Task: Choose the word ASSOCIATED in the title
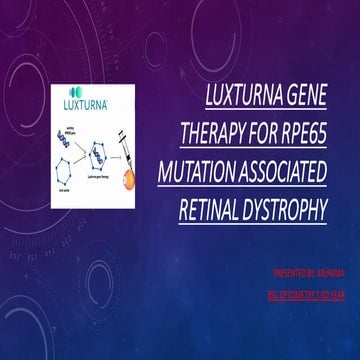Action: (298, 172)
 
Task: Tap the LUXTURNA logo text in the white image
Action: (88, 104)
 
